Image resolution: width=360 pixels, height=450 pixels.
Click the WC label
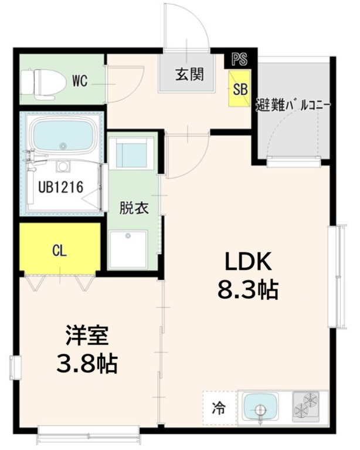[x=80, y=82]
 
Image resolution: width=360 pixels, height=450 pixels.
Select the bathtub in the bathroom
[x=62, y=137]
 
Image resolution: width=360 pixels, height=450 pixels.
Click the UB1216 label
[x=61, y=187]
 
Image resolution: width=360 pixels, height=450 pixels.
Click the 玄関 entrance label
[x=189, y=75]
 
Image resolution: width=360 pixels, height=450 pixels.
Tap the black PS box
[x=239, y=59]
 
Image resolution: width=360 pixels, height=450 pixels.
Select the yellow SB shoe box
[x=239, y=89]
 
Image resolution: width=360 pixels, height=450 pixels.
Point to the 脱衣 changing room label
[x=134, y=208]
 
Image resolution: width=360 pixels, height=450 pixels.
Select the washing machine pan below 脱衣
[x=127, y=249]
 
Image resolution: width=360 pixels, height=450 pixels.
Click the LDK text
[x=246, y=262]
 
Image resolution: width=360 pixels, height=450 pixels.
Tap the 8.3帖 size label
[x=246, y=289]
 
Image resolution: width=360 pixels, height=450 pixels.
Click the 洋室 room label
[x=86, y=336]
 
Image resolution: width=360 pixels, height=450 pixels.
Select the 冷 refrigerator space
[x=218, y=407]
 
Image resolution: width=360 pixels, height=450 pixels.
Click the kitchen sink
[x=260, y=406]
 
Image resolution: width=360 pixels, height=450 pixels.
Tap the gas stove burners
[x=306, y=406]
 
